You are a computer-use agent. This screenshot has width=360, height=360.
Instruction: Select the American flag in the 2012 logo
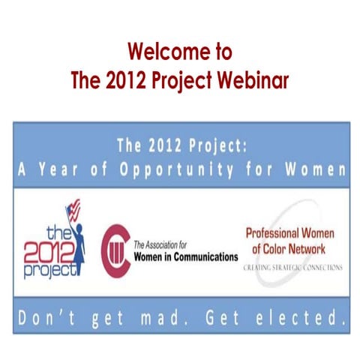[x=73, y=207]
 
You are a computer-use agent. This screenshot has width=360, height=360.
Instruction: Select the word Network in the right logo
[x=314, y=247]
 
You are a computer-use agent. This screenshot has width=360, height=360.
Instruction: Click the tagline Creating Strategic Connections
[x=293, y=266]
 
